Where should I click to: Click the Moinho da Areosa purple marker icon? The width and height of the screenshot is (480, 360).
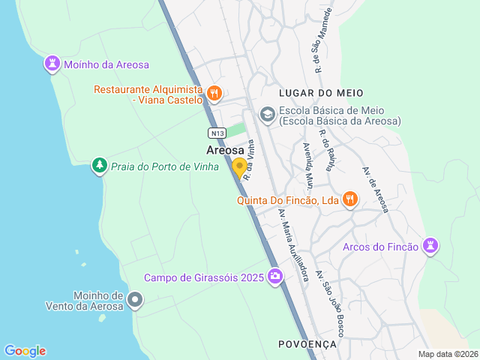point(52,64)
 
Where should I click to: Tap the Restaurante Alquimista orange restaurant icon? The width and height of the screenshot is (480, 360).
point(214,93)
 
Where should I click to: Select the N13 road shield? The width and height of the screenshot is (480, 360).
point(217,133)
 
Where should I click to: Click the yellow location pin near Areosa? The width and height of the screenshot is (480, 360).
point(239,167)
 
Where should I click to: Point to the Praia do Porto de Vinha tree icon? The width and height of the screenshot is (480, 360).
point(99,165)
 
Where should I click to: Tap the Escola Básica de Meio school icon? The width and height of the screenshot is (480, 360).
point(267,114)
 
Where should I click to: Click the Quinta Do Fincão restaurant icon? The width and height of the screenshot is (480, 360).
point(349,199)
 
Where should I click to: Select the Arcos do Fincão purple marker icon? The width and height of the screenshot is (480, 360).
point(430,246)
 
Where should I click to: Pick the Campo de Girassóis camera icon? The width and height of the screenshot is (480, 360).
point(275,277)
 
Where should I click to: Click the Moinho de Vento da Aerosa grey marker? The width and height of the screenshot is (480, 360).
point(135,301)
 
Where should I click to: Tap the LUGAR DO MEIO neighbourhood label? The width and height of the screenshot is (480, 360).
point(320,93)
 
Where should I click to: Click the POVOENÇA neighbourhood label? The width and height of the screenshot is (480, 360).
point(307,343)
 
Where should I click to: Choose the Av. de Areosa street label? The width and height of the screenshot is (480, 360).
point(376,190)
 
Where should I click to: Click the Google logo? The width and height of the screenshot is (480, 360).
point(25,351)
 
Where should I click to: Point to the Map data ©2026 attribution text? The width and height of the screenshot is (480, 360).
point(447,354)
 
